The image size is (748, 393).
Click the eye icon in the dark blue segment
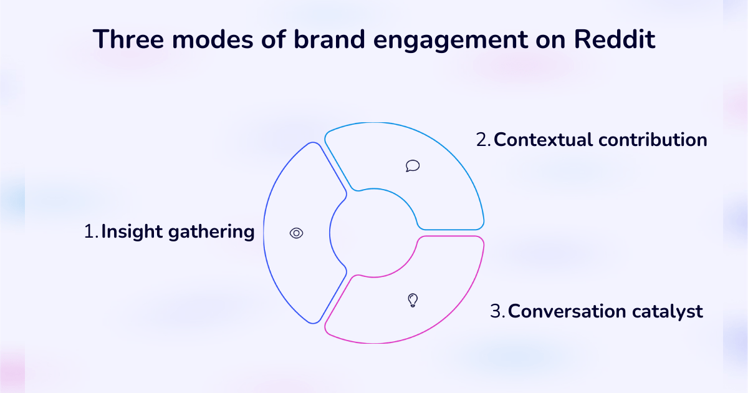297,233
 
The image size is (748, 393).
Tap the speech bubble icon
412,165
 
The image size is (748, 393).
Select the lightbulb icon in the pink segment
412,300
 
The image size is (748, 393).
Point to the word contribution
653,140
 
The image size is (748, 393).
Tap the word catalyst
672,311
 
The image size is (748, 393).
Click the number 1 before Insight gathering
89,232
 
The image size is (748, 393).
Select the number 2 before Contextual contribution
482,140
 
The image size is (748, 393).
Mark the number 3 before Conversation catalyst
496,311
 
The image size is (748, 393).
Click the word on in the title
551,39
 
